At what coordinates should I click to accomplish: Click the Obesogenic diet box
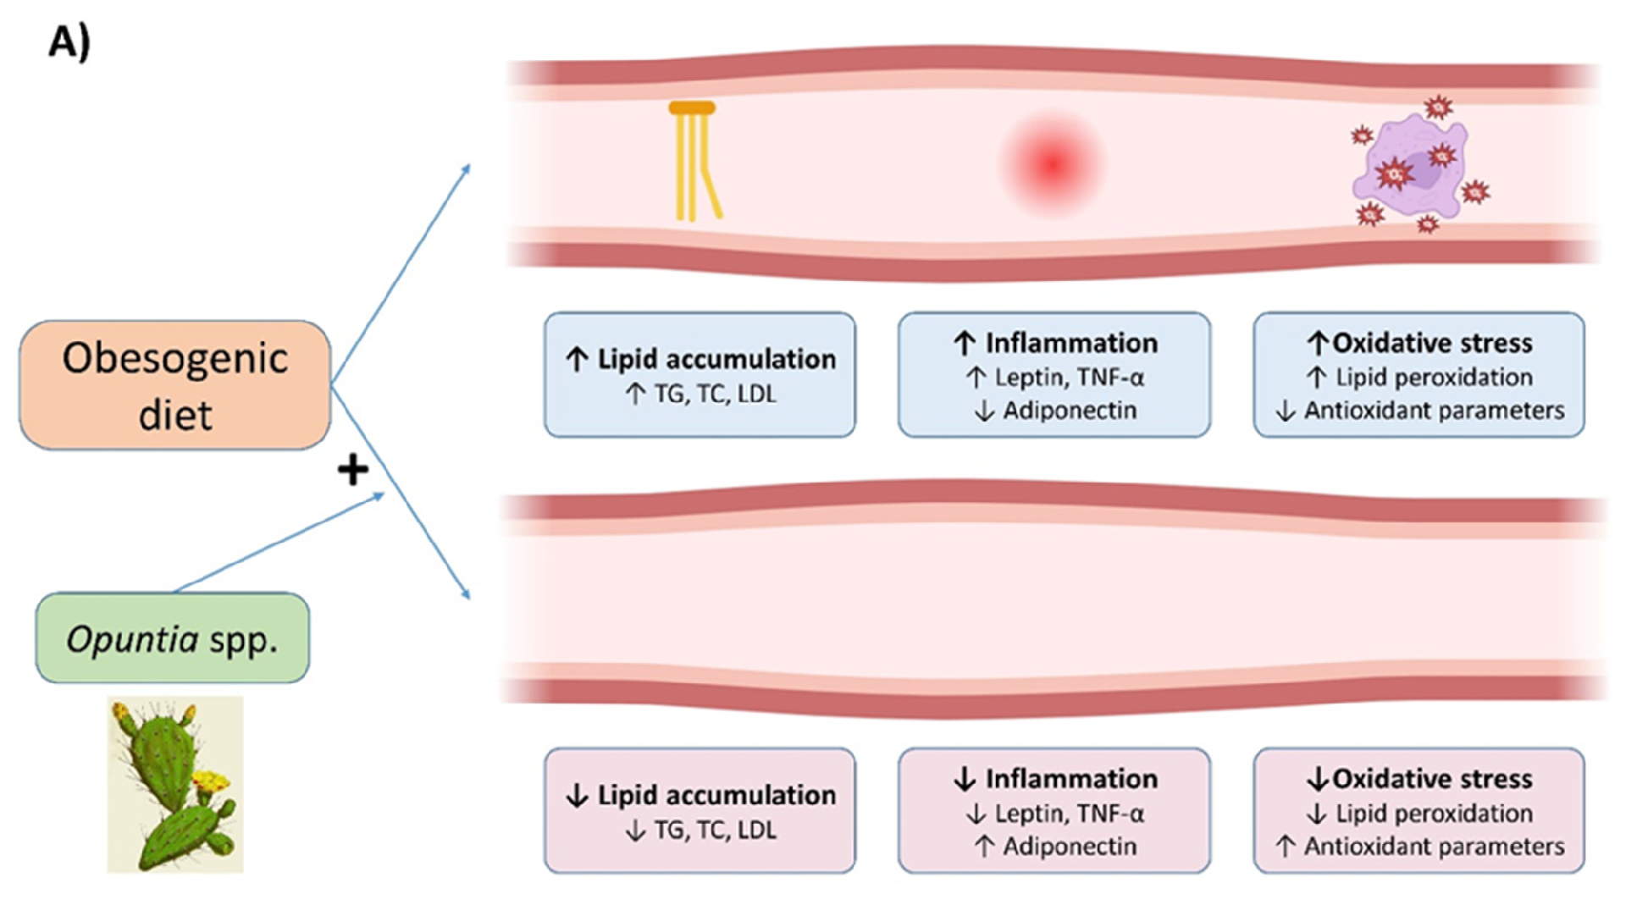(x=175, y=385)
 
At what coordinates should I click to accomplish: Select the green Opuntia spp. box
(x=173, y=638)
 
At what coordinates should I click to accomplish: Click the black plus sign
(x=352, y=470)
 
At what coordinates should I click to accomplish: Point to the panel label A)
(x=69, y=41)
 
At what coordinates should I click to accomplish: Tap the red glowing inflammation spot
(x=1053, y=164)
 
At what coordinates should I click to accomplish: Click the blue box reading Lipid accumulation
(x=700, y=375)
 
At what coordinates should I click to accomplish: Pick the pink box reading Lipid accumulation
(x=700, y=810)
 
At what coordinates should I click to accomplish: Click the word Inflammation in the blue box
(x=1071, y=343)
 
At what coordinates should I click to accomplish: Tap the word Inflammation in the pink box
(x=1071, y=779)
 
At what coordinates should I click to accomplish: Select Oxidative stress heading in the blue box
(x=1432, y=343)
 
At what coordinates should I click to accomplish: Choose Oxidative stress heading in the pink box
(x=1432, y=779)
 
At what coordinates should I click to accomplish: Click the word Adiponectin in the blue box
(x=1070, y=411)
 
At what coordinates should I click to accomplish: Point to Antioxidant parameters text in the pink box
(x=1434, y=847)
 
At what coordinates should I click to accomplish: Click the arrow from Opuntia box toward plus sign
(x=279, y=542)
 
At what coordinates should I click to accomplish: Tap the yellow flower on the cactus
(x=211, y=781)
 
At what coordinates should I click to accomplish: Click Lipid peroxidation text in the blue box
(x=1434, y=377)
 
